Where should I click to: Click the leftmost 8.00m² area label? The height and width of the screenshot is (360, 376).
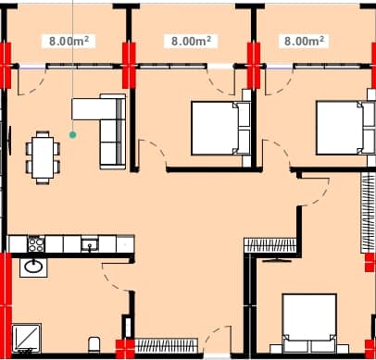tap(69, 41)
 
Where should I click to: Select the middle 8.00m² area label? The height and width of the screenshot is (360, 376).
tap(189, 41)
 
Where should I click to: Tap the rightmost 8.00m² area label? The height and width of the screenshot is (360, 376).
tap(305, 41)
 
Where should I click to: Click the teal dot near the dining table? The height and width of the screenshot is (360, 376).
tap(73, 134)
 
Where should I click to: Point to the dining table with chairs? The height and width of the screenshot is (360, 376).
tap(42, 155)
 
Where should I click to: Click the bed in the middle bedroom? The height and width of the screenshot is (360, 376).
tap(220, 128)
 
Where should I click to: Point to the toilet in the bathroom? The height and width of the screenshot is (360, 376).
tap(94, 346)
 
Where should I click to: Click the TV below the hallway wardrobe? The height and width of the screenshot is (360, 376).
tap(275, 260)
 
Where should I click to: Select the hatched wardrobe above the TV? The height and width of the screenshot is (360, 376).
tap(269, 245)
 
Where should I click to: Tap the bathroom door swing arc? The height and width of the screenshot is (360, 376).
tap(113, 278)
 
